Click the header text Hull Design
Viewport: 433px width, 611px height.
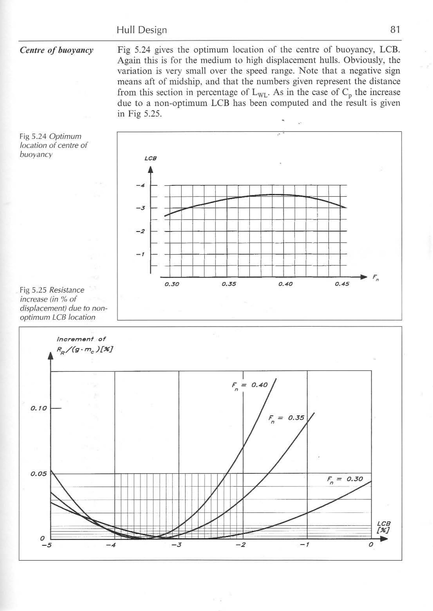[142, 30]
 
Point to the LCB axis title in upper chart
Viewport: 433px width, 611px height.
[150, 159]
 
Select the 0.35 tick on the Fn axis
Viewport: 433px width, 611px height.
[229, 284]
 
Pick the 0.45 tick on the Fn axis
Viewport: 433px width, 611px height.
[342, 284]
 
